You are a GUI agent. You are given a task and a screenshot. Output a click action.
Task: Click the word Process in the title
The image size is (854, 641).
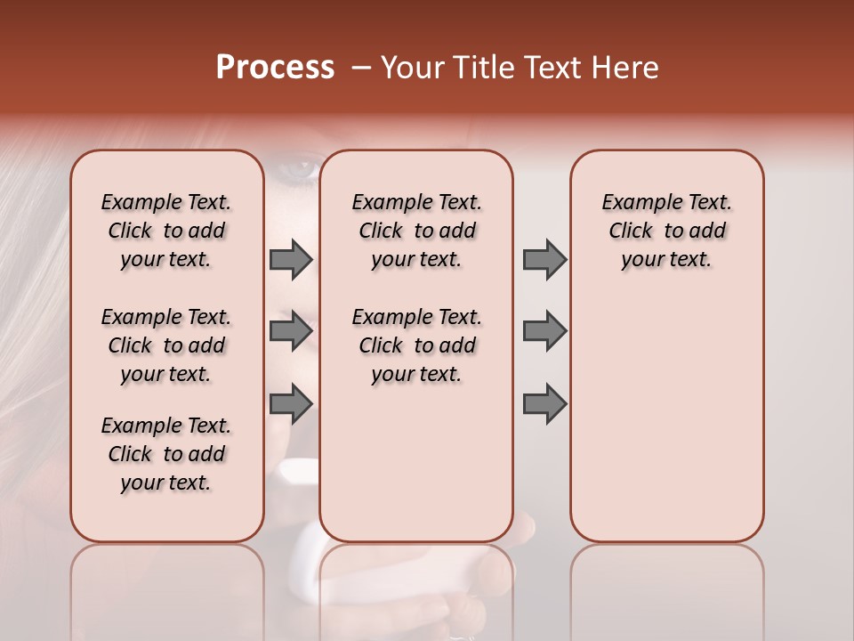[275, 68]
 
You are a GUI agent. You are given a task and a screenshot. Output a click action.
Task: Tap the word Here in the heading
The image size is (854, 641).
[626, 68]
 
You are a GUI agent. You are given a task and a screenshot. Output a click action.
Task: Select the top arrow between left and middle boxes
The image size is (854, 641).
[291, 259]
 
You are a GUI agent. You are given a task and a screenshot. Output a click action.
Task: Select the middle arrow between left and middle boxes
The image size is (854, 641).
[291, 331]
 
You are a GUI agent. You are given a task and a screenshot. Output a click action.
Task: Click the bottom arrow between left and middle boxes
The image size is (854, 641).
[291, 403]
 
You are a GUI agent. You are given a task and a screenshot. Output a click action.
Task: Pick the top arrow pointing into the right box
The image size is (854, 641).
[544, 259]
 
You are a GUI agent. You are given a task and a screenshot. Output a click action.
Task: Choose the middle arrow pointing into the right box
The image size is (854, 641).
[544, 331]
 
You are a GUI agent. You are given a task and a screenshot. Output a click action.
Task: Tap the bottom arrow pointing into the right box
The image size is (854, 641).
[544, 403]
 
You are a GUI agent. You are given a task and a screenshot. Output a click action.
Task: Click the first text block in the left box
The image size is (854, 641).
[166, 231]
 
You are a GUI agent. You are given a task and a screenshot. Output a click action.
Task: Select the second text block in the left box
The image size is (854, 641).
[166, 345]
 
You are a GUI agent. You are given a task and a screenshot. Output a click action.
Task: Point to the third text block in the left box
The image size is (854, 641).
[166, 454]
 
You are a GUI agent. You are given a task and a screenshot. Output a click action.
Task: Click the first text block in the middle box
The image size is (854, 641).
[416, 231]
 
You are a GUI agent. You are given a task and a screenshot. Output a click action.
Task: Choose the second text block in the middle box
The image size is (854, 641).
[416, 345]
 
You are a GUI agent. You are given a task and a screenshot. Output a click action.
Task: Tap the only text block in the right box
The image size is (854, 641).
[666, 231]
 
